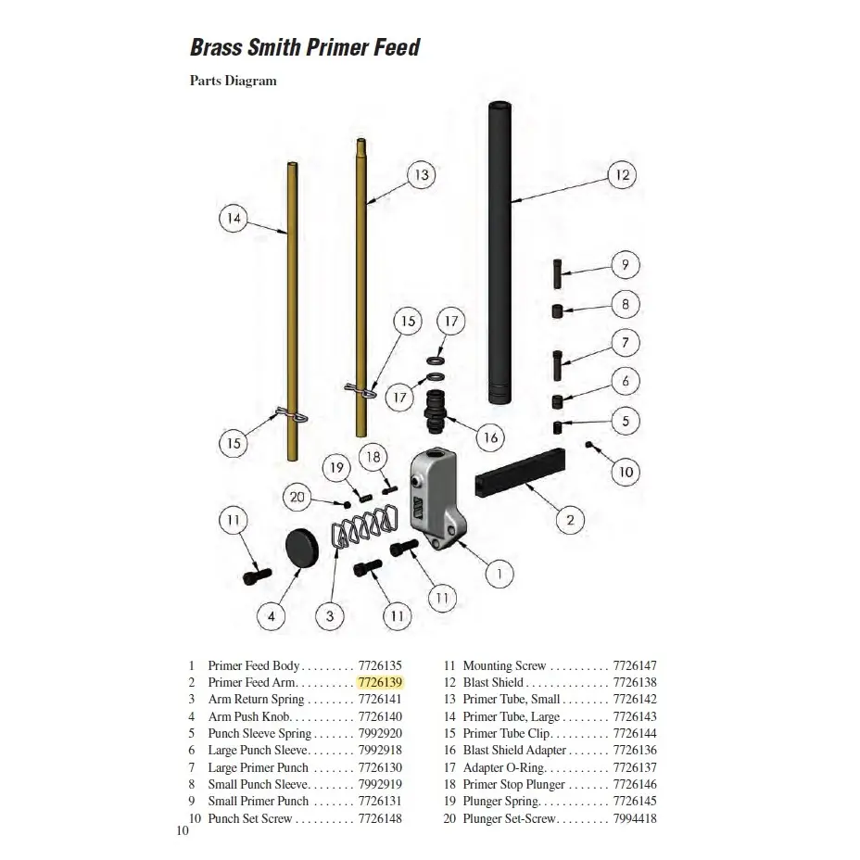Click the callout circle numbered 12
click(622, 174)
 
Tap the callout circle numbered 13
click(421, 174)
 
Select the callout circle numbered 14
click(234, 219)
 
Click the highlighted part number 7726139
click(380, 682)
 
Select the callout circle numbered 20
click(297, 498)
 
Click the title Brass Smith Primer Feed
click(305, 46)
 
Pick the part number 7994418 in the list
click(635, 818)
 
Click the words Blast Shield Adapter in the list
click(513, 751)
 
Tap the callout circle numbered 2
click(569, 520)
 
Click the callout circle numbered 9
click(625, 265)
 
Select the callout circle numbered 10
click(625, 472)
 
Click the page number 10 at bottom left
click(182, 830)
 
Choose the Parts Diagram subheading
click(233, 81)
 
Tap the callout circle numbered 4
click(271, 615)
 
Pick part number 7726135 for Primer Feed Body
click(380, 665)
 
